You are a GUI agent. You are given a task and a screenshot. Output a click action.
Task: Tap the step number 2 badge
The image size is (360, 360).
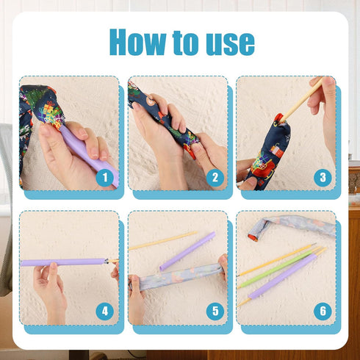(x=215, y=176)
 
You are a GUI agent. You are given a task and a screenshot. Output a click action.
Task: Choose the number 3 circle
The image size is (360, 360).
(x=322, y=176)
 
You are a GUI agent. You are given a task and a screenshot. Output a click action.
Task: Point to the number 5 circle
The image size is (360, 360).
(x=215, y=311)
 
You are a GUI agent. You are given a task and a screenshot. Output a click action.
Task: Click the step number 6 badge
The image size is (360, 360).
(x=322, y=311)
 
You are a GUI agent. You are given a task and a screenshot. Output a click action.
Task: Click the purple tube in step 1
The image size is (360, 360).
(x=88, y=151)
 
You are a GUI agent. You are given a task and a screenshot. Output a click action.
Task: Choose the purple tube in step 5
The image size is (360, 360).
(x=187, y=251)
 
